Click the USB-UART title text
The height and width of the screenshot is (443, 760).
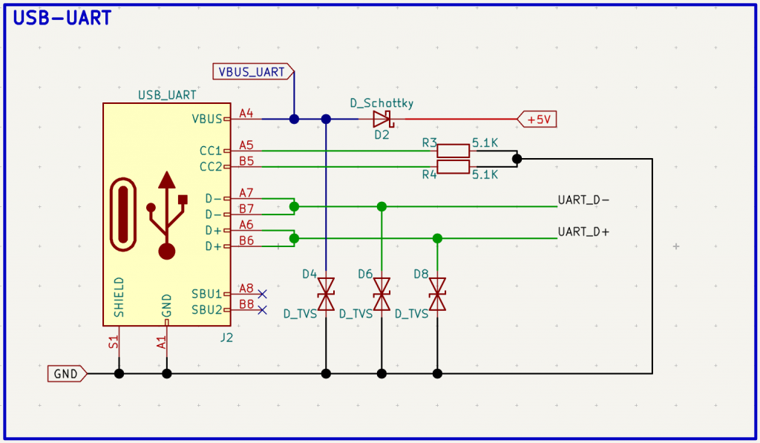coord(63,18)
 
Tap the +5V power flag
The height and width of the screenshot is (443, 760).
coord(537,119)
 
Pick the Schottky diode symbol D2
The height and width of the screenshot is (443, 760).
coord(382,119)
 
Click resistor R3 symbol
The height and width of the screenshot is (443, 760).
coord(453,151)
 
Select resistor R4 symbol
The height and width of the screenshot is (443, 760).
coord(453,167)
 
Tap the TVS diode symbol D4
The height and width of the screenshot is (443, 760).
coord(326,294)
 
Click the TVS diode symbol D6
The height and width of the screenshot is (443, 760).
coord(381,294)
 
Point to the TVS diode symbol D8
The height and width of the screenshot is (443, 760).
coord(437,294)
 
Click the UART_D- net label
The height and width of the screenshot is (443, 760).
coord(583,200)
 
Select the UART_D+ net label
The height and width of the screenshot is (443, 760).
coord(583,232)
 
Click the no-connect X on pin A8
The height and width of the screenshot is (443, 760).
coord(262,294)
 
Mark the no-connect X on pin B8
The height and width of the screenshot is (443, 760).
coord(262,310)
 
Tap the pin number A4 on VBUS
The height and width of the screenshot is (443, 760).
coord(246,114)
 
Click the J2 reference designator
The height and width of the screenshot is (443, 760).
coord(227,337)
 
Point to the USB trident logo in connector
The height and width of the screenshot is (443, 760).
coord(166,215)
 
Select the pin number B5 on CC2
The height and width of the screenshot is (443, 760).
coord(246,161)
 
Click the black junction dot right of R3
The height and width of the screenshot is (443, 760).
coord(517,159)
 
